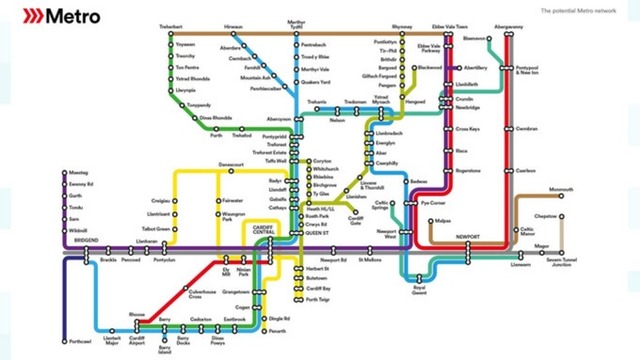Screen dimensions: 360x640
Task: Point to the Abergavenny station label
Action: coord(508,27)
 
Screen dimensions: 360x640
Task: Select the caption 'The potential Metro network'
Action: coord(578,10)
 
